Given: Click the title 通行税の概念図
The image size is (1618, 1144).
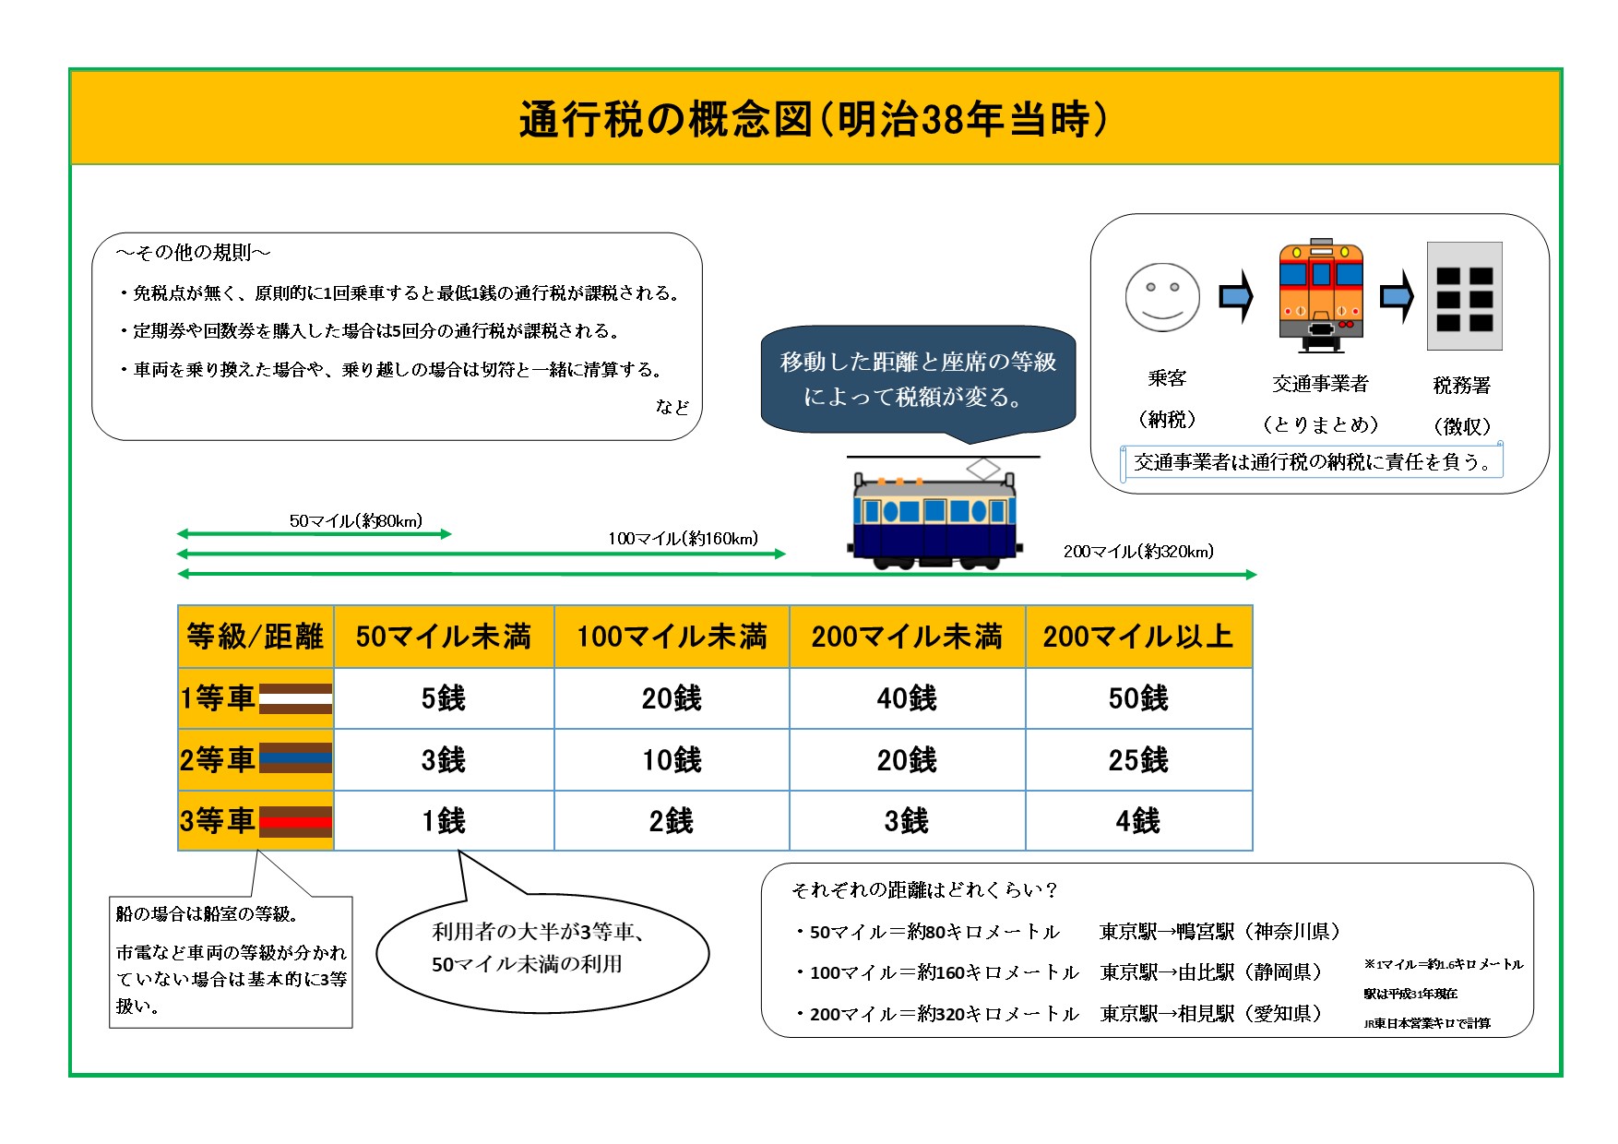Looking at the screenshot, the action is coord(665,120).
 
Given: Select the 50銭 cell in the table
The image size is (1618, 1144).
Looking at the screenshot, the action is coord(1138,698).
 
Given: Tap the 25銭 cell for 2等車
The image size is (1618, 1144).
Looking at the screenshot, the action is coord(1138,760).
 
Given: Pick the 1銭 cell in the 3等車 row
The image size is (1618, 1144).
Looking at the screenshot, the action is coord(444,820).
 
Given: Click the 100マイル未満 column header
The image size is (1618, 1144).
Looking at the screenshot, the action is coord(672,637).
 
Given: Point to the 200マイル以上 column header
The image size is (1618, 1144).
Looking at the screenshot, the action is coord(1138,637).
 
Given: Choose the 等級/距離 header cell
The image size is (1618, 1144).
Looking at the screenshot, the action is coord(256,637).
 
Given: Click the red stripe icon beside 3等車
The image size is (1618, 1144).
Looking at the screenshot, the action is coord(295,821).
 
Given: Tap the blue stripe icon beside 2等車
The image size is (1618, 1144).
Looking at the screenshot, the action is coord(295,758).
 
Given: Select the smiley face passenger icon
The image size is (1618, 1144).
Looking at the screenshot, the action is coord(1162,298).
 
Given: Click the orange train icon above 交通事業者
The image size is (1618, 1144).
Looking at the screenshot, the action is coord(1321,296).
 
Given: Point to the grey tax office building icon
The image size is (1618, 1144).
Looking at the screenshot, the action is coord(1464,296).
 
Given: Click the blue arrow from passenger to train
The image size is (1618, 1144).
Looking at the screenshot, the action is coord(1237,297).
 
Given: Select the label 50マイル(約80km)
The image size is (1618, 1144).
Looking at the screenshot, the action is coord(356,521).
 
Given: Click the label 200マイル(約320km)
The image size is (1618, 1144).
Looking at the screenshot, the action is coord(1138,552).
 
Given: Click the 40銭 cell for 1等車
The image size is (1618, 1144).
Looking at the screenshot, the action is coord(907,698).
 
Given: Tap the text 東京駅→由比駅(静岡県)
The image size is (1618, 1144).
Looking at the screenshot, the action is coord(1210,972).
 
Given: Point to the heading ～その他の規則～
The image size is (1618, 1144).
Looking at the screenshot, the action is coord(194,253).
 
